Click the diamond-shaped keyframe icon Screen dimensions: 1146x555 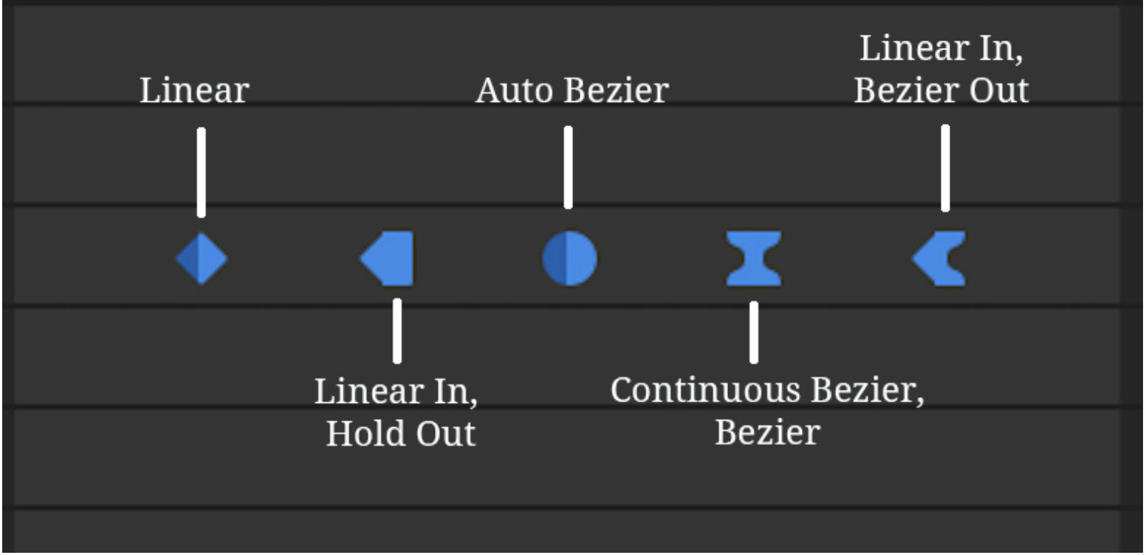202,258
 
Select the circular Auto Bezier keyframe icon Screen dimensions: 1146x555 569,258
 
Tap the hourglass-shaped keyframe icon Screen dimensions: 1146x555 754,258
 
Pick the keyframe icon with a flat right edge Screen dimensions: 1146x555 387,258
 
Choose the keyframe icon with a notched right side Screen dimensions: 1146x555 939,258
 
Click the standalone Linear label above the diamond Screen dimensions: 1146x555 194,91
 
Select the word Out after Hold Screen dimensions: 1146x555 445,433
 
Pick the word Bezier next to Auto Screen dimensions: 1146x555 617,91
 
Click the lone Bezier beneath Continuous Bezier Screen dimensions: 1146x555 767,432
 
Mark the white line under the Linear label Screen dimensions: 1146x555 202,173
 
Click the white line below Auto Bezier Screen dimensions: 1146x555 569,168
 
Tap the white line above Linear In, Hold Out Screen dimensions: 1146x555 397,331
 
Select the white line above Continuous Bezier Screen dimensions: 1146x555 754,333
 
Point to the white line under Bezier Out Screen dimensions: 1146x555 945,168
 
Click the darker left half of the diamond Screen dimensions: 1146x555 189,258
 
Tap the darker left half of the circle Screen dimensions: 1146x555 555,258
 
